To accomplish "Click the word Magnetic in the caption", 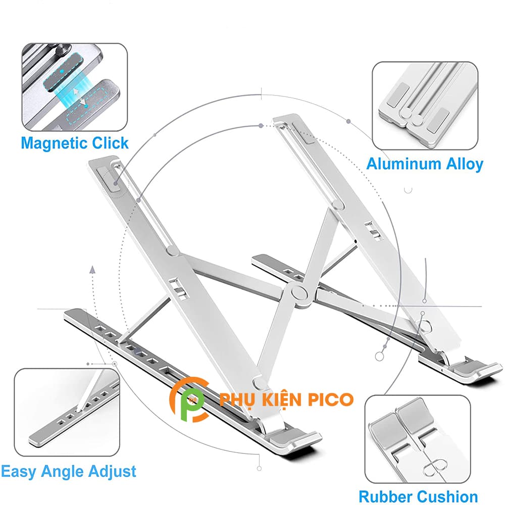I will [x=54, y=143].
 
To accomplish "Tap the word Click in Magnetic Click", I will [x=110, y=143].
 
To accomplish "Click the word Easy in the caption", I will [x=20, y=472].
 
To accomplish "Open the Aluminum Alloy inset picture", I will [x=425, y=106].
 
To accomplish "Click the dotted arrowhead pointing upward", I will [x=92, y=269].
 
